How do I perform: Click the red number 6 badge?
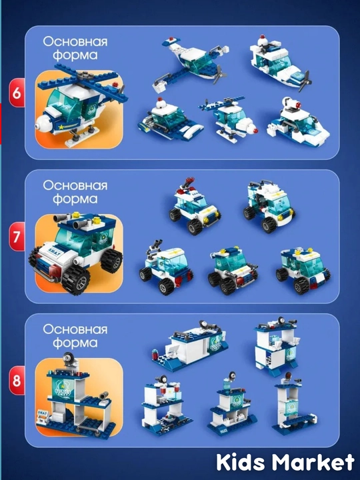click(x=17, y=93)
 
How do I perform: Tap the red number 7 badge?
click(x=17, y=237)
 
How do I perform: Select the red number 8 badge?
click(x=17, y=381)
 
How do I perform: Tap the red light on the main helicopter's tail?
click(x=115, y=85)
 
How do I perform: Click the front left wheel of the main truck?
click(x=76, y=279)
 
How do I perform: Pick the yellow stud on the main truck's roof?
click(x=97, y=219)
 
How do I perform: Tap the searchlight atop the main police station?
click(x=69, y=358)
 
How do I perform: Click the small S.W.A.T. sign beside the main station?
click(x=42, y=413)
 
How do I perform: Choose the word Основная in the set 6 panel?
click(x=75, y=41)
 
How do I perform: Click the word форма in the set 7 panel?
click(x=75, y=199)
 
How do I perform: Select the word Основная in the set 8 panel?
click(x=75, y=329)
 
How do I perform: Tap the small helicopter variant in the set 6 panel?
click(x=228, y=117)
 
